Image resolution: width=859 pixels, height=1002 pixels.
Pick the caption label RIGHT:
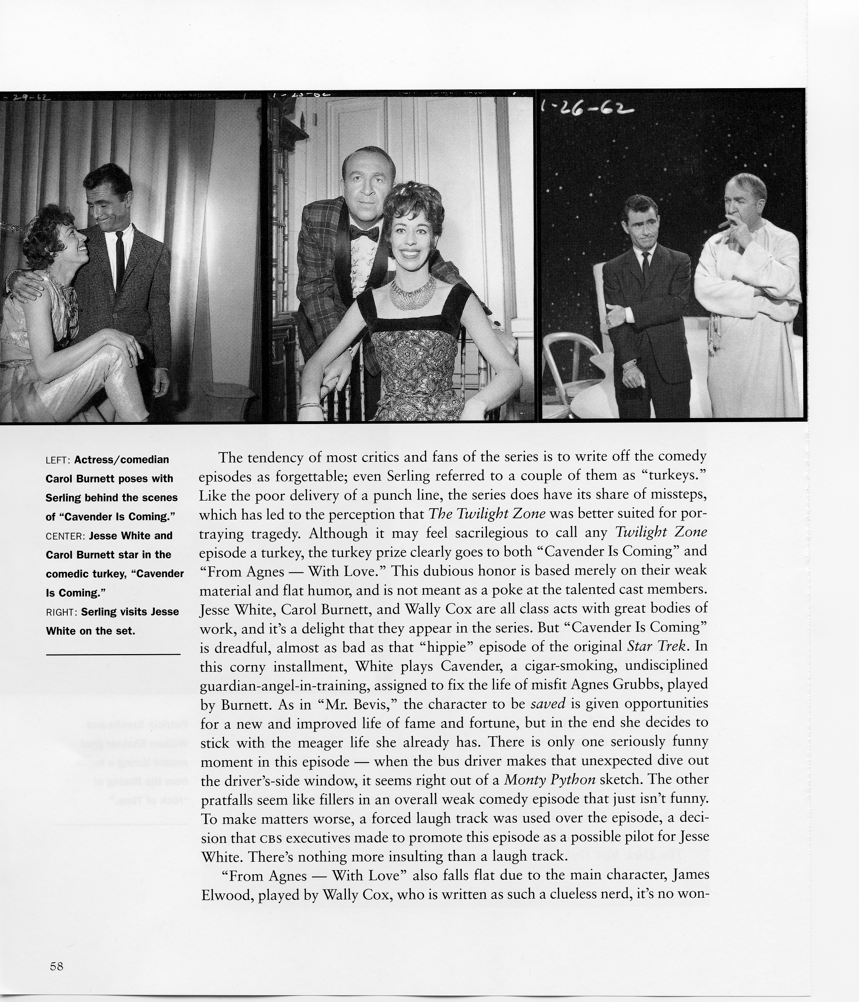(61, 612)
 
